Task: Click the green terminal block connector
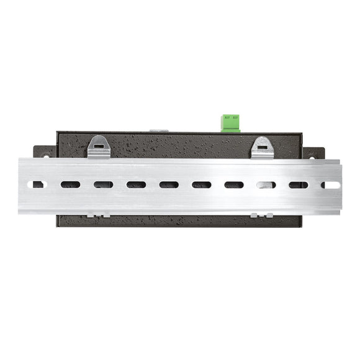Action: (x=232, y=122)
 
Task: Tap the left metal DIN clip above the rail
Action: (x=99, y=147)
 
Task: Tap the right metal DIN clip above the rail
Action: (x=263, y=148)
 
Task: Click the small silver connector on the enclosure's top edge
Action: (x=160, y=130)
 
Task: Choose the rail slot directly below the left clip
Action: (x=103, y=184)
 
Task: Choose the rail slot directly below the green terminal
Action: (x=233, y=185)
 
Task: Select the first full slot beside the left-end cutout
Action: (x=70, y=184)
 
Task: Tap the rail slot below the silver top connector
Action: (x=168, y=184)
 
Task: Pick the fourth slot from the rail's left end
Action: (x=135, y=184)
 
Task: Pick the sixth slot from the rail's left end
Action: (x=201, y=185)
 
